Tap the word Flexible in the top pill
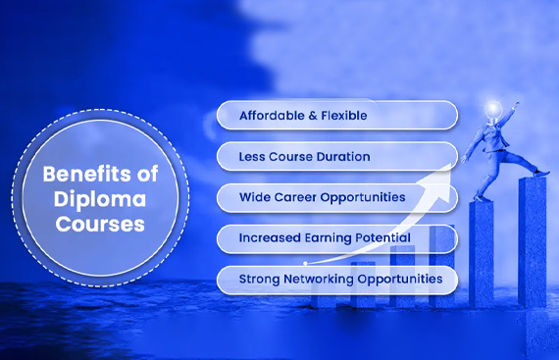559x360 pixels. click(x=341, y=116)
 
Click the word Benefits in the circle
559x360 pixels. click(x=86, y=176)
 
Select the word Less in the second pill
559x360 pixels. click(x=253, y=157)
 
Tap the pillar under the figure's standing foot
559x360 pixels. click(x=481, y=255)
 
